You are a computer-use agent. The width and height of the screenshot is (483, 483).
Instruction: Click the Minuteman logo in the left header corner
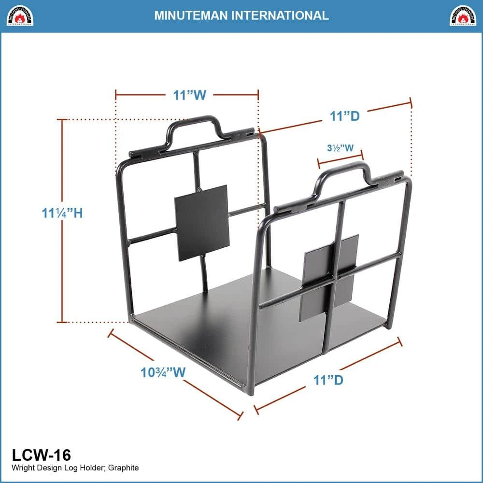(20, 15)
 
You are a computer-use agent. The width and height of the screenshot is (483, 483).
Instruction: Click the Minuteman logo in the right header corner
(463, 15)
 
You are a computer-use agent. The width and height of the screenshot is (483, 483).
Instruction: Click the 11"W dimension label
(189, 95)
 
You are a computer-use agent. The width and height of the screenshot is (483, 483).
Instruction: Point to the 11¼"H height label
(62, 213)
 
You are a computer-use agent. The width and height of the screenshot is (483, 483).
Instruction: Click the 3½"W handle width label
(340, 148)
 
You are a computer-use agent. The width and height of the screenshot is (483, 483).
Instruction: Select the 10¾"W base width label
(163, 372)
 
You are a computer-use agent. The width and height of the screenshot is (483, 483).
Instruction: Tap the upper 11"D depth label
(345, 116)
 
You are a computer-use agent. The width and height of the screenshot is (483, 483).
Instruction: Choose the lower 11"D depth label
(328, 380)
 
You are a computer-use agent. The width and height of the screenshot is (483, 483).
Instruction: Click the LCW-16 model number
(41, 455)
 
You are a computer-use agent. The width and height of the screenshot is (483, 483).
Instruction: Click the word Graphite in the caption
(123, 468)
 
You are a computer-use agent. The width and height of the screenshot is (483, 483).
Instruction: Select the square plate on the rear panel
(202, 223)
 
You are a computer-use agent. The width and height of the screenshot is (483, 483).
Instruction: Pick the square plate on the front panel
(328, 278)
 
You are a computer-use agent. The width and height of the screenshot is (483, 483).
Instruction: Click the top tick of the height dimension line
(62, 119)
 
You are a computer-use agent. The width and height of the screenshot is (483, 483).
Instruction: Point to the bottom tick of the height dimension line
(62, 323)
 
